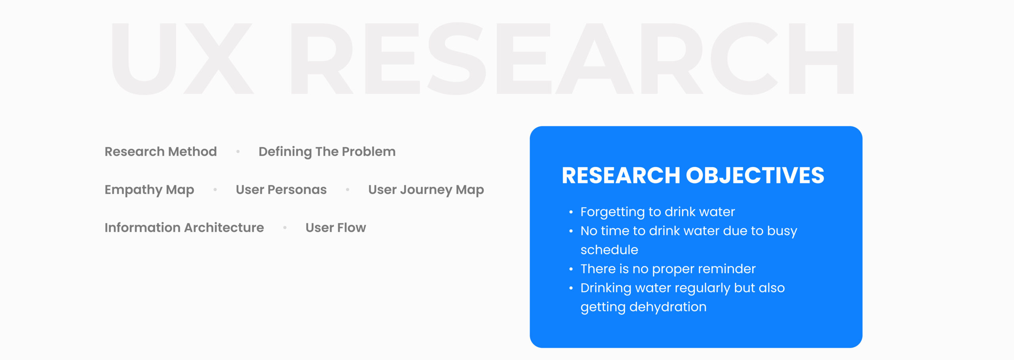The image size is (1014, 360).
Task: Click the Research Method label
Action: [160, 151]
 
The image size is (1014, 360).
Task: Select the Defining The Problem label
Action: [327, 152]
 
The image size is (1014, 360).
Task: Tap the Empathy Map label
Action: [149, 190]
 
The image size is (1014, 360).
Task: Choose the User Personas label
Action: [281, 189]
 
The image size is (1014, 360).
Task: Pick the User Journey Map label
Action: [426, 190]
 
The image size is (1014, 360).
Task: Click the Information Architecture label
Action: [184, 227]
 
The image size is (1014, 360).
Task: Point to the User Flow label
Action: [335, 227]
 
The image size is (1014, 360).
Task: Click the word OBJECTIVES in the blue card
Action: [755, 175]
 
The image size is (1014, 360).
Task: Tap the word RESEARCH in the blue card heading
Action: [621, 175]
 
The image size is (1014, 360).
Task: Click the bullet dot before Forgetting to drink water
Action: [571, 212]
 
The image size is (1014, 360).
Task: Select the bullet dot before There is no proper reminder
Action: [571, 269]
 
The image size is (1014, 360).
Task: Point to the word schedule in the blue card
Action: [609, 250]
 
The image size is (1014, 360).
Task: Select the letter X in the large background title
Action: [218, 58]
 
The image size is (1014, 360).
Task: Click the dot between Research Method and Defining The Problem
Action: [238, 152]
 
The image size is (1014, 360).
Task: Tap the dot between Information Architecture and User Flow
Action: [285, 228]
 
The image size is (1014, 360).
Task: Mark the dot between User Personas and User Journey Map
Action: [347, 190]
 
